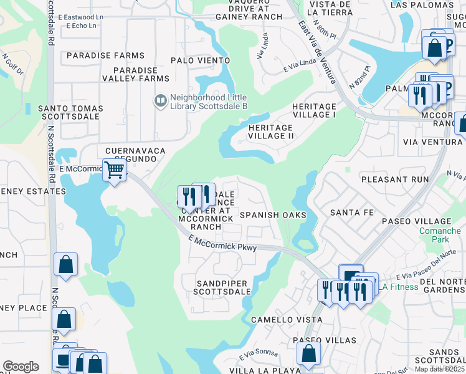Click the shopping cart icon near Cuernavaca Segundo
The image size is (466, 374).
[113, 170]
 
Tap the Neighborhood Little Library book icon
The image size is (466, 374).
[160, 100]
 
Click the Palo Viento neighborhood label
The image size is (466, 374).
[201, 60]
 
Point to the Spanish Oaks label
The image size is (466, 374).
[273, 215]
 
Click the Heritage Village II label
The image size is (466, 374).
[270, 132]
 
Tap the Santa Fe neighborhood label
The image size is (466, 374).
[352, 213]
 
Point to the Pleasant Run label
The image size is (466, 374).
[395, 179]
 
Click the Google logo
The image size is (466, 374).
[21, 367]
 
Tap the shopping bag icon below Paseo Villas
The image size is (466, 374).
[308, 354]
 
